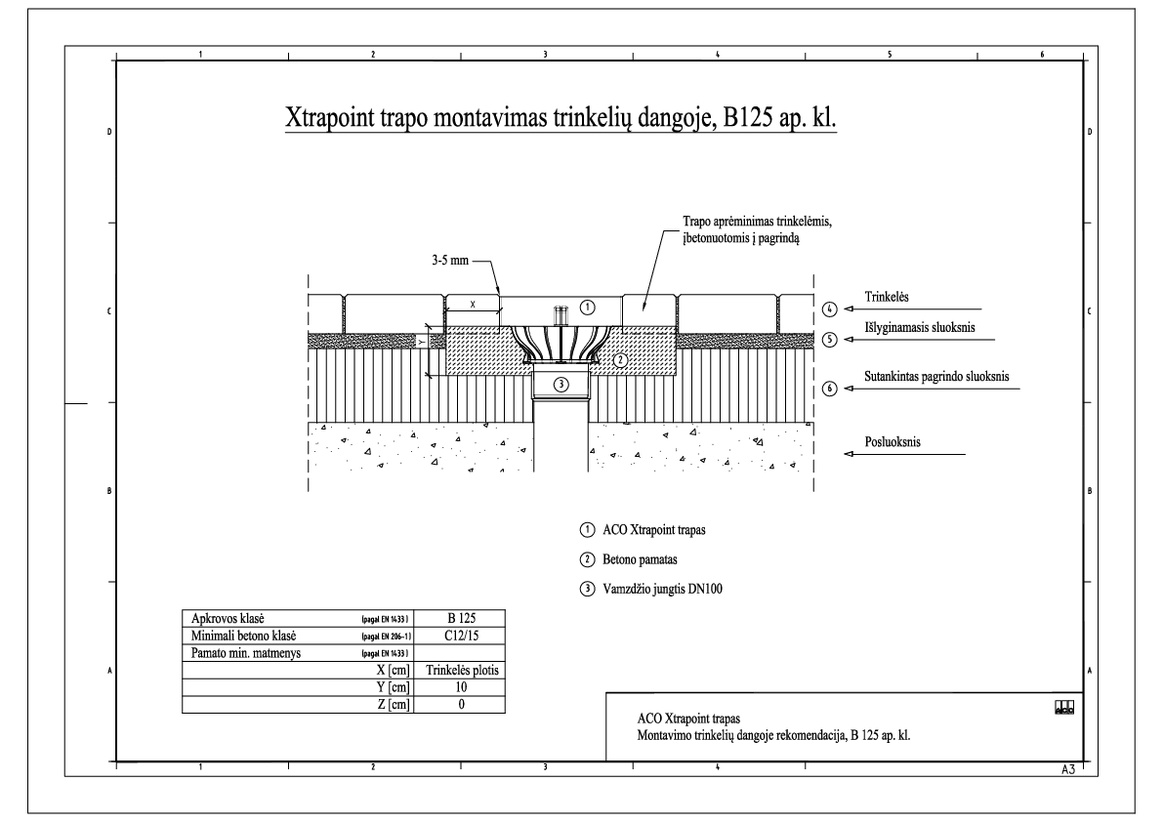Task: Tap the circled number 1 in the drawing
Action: pos(588,306)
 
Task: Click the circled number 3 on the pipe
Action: pos(561,384)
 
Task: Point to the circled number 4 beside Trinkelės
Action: pos(829,309)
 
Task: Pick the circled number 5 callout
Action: pos(829,340)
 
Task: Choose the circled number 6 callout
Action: pos(829,388)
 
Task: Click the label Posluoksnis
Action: pos(893,442)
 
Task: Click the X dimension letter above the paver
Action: pos(474,305)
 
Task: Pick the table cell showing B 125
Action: pos(460,618)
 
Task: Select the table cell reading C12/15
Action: pos(460,636)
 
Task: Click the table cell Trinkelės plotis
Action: pos(460,671)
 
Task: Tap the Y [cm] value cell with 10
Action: pos(460,687)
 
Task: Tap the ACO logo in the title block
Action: pos(1063,707)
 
